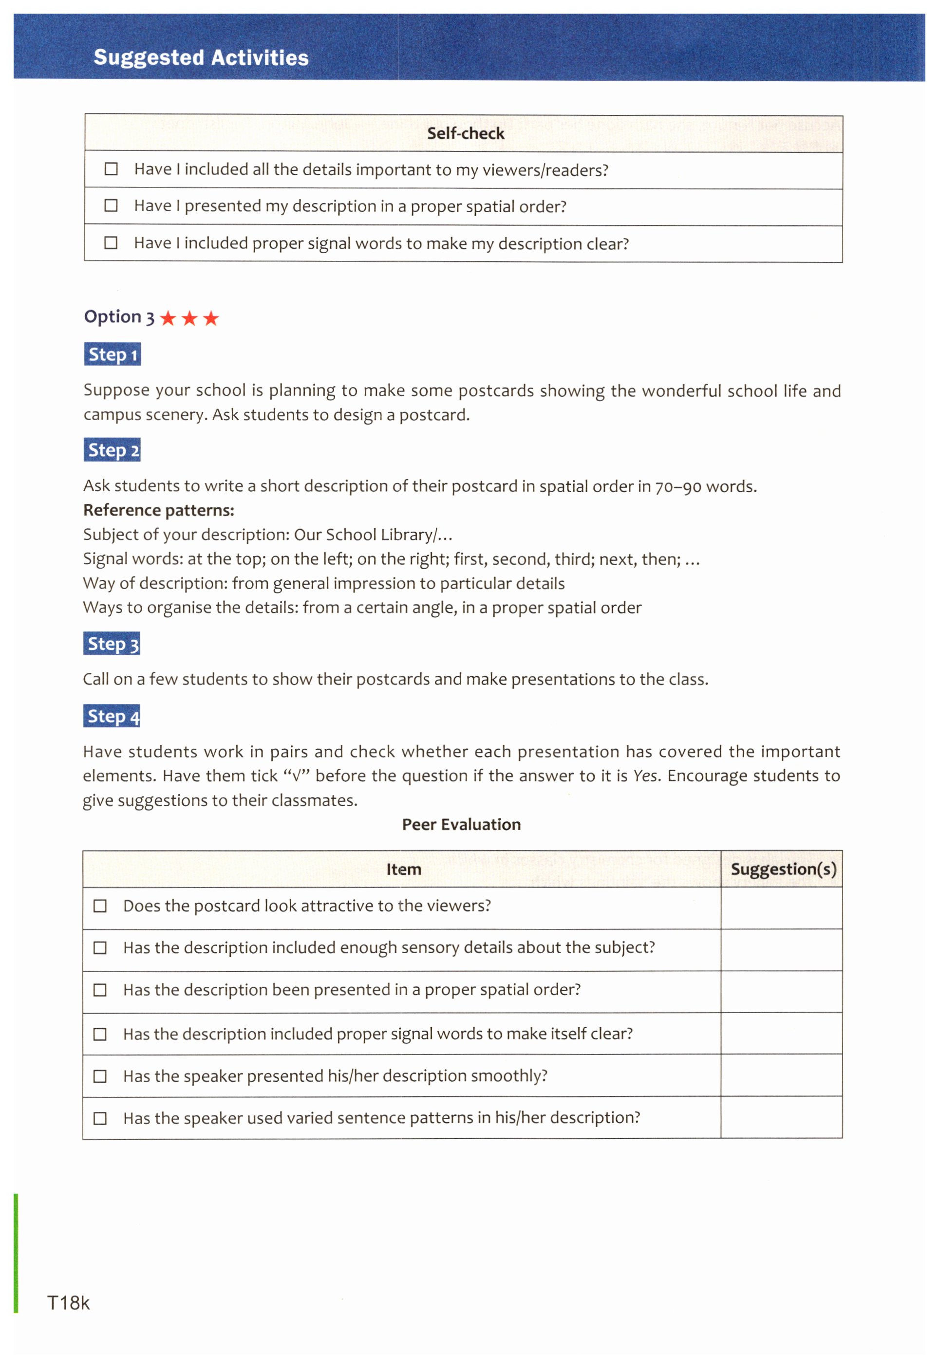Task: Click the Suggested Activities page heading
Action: click(201, 57)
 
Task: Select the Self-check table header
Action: click(465, 133)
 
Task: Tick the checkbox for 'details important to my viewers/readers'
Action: click(111, 169)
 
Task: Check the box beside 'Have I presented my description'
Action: click(111, 205)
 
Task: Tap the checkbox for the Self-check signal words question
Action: click(111, 243)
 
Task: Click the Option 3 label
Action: click(119, 317)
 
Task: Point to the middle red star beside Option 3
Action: click(189, 318)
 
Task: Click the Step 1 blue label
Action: click(113, 354)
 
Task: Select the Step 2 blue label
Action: click(113, 450)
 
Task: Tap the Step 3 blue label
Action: click(112, 644)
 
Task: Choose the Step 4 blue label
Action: click(112, 717)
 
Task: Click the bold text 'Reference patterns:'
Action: click(158, 510)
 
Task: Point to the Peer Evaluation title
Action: click(461, 825)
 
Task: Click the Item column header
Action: click(403, 869)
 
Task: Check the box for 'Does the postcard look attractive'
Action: click(100, 906)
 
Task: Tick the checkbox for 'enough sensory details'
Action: click(100, 948)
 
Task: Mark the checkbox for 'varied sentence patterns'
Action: click(100, 1118)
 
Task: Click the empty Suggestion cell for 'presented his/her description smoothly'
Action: click(781, 1075)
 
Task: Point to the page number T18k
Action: click(68, 1303)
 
